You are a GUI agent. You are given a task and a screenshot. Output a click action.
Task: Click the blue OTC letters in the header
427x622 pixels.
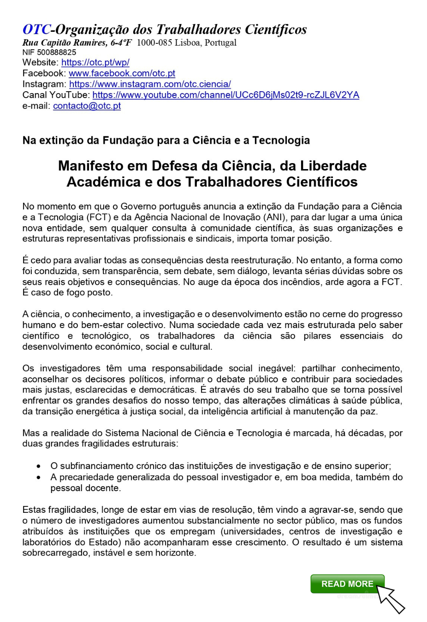coord(36,29)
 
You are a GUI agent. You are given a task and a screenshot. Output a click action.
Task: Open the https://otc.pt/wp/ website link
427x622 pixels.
coord(95,62)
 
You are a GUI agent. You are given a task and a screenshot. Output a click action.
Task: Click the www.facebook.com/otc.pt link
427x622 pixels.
coord(122,73)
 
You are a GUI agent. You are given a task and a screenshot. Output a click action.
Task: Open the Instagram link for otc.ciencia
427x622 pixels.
coord(150,84)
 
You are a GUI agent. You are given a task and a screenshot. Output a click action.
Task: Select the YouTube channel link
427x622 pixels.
coord(225,95)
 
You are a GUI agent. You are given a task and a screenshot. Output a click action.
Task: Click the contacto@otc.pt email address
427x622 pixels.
coord(87,106)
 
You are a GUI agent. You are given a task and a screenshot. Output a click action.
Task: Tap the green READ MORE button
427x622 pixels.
coord(347,584)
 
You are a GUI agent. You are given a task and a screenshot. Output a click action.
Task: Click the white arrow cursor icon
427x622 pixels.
coord(390,599)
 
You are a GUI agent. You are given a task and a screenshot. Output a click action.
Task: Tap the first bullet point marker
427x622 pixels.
coord(39,466)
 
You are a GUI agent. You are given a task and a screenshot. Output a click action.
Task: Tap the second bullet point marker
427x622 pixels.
coord(39,477)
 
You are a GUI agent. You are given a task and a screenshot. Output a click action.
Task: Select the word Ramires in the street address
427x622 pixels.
coord(90,42)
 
